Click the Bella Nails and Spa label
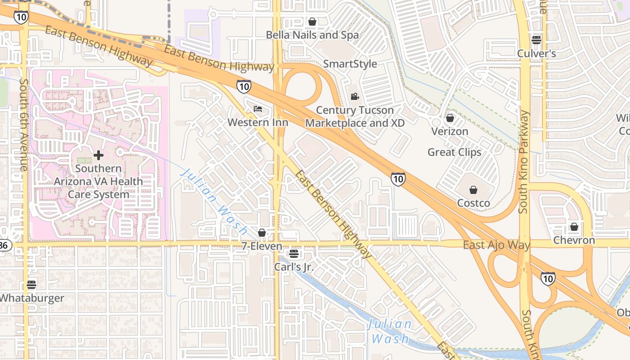pos(312,35)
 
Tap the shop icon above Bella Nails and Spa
pos(312,22)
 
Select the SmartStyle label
pos(350,64)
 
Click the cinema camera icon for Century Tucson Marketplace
pos(355,96)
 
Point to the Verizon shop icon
pos(450,118)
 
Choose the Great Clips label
pos(454,152)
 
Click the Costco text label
pos(473,203)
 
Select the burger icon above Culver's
pos(536,40)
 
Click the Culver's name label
pos(536,54)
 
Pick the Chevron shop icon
pos(574,227)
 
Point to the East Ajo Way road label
pos(496,245)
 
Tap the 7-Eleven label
pos(261,246)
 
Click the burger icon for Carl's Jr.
pos(294,254)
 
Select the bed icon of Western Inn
pos(258,109)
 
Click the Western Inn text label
pos(257,122)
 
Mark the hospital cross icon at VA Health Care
pos(98,156)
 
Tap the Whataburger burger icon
pos(31,284)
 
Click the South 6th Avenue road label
pos(24,125)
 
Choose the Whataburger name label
pos(32,298)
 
